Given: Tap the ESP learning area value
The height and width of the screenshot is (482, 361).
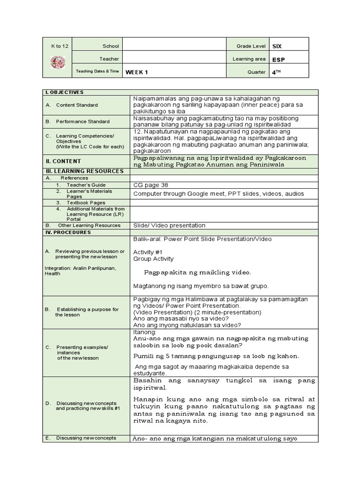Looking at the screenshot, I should point(278,59).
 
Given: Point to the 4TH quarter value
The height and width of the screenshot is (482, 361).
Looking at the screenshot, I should point(276,72).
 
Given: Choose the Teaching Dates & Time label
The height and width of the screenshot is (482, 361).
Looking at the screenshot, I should point(97,72).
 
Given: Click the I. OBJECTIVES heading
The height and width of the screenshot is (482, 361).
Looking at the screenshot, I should point(64,92).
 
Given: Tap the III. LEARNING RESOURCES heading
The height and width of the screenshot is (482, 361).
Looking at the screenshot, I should point(78,171).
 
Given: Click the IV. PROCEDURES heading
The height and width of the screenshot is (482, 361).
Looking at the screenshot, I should point(68,233).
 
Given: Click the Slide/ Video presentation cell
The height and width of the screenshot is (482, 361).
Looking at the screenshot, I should point(169,225).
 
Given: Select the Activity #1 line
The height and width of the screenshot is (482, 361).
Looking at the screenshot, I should point(148,252).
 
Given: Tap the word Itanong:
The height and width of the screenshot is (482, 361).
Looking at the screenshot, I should point(145,332).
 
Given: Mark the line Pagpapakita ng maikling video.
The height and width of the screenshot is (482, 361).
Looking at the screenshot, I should point(197,273).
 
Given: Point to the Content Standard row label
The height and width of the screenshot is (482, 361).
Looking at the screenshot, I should point(77,105).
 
